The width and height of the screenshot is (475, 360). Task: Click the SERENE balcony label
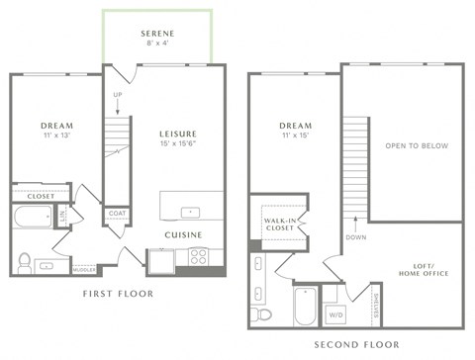click(156, 33)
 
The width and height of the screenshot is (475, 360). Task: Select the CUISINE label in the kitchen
click(184, 234)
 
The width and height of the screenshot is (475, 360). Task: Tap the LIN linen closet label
click(61, 217)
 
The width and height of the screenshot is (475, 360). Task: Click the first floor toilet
click(25, 261)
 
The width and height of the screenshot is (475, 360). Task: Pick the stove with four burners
click(198, 257)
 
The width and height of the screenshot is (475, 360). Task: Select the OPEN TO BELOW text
click(416, 145)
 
